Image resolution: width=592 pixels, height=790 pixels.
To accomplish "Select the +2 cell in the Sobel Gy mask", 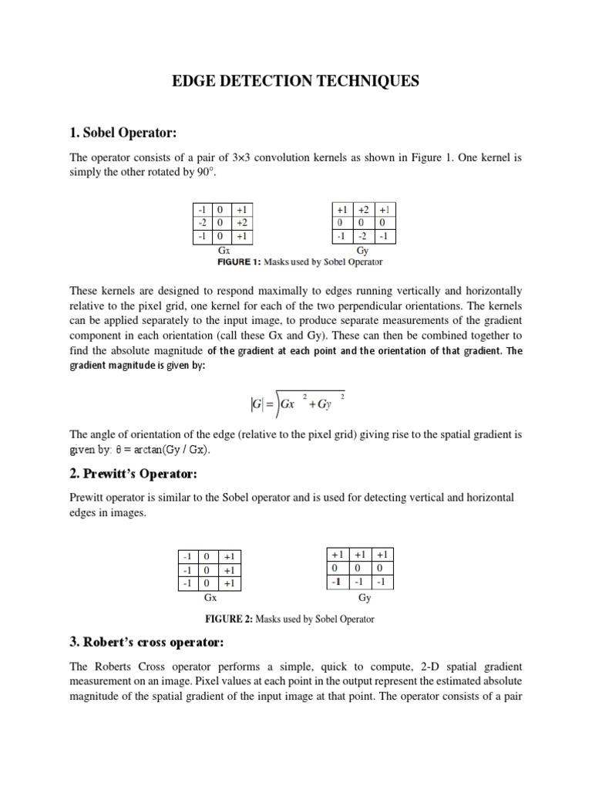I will [x=363, y=210].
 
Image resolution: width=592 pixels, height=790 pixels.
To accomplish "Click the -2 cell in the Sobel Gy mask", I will [x=363, y=235].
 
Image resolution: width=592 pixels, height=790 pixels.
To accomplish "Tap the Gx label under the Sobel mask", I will [x=224, y=250].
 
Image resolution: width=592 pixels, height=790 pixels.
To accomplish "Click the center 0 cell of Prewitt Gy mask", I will [x=358, y=568].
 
